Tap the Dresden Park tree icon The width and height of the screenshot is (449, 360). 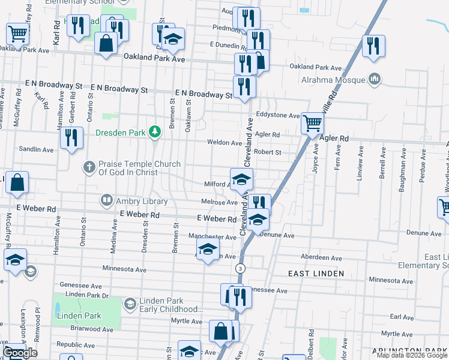tap(155, 131)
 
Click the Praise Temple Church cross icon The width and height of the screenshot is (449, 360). tap(89, 166)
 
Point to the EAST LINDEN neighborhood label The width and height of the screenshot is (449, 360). tap(316, 274)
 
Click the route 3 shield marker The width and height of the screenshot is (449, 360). tap(240, 267)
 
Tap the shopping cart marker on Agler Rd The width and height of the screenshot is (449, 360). tap(312, 124)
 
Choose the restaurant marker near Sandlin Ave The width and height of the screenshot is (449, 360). tap(72, 138)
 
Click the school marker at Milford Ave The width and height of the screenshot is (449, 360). tap(241, 179)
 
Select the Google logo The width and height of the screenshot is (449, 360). tap(20, 353)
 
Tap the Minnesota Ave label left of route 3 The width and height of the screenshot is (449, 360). tap(124, 269)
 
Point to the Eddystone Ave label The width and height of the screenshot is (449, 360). tap(277, 115)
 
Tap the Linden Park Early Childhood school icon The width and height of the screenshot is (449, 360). tap(129, 304)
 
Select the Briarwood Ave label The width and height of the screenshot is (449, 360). tap(91, 329)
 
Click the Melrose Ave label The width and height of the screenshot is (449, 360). tap(221, 203)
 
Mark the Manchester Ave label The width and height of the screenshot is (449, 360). tap(213, 236)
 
